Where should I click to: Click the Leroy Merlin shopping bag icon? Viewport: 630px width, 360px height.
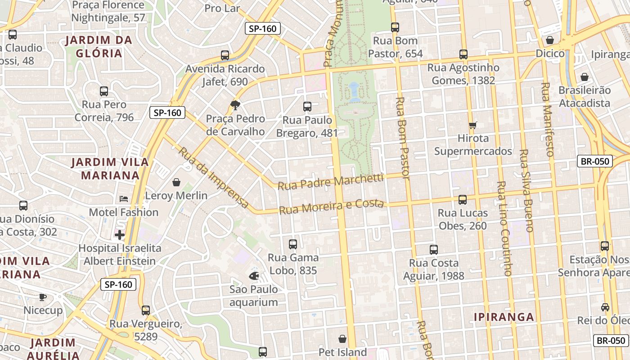[x=176, y=182]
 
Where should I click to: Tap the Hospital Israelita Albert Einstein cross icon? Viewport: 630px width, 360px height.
[x=120, y=235]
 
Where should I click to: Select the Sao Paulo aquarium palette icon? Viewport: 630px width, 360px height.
[x=254, y=275]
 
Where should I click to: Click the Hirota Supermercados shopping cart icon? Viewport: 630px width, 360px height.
[x=472, y=125]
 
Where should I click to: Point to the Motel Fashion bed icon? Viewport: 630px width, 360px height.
[x=123, y=199]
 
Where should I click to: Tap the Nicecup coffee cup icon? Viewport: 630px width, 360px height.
[x=43, y=297]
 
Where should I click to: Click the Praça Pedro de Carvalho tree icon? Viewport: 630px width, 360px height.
[x=235, y=105]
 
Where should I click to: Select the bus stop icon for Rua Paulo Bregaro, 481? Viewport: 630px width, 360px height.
[x=307, y=107]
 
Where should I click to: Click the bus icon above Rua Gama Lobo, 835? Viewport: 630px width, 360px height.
[x=293, y=244]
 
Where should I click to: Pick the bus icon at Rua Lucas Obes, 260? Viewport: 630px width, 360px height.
[x=463, y=199]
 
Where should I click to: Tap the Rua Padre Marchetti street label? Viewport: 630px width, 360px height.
[x=330, y=182]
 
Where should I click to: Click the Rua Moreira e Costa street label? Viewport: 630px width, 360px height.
[x=331, y=207]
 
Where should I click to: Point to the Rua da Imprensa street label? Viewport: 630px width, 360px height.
[x=214, y=178]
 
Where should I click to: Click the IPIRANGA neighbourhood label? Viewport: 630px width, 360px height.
[x=504, y=317]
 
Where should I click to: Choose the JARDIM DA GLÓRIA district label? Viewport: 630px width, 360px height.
[x=99, y=47]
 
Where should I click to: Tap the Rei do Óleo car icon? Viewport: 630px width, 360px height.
[x=605, y=307]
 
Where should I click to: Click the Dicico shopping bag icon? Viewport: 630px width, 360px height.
[x=550, y=40]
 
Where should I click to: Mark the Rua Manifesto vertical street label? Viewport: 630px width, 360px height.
[x=547, y=119]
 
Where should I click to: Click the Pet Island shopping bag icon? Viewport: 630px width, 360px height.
[x=342, y=339]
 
